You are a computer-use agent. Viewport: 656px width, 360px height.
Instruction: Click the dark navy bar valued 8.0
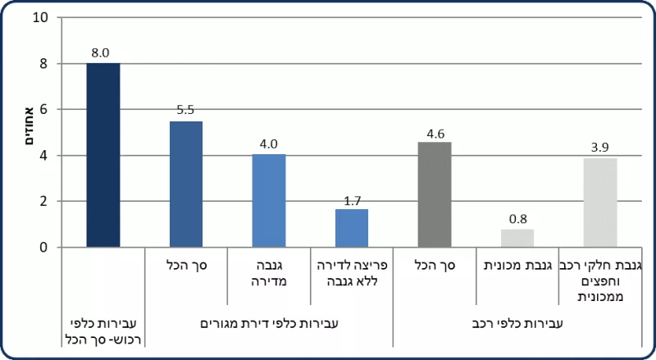click(x=102, y=155)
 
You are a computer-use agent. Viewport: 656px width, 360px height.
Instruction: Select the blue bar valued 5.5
click(x=185, y=184)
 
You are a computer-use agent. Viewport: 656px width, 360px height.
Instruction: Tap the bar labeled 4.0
click(x=269, y=200)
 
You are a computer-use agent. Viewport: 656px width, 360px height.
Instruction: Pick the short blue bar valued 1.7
click(x=352, y=228)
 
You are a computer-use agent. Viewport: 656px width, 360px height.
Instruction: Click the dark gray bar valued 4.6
click(x=435, y=194)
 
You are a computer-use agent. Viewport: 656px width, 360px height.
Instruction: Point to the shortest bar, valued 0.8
click(x=517, y=238)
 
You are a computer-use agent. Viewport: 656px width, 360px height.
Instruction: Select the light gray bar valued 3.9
click(x=600, y=203)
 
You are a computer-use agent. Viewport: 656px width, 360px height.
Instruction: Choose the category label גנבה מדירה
click(x=269, y=273)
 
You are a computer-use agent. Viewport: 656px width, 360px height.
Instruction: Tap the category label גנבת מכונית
click(x=517, y=265)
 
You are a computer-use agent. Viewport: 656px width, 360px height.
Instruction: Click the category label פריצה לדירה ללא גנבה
click(x=352, y=273)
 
